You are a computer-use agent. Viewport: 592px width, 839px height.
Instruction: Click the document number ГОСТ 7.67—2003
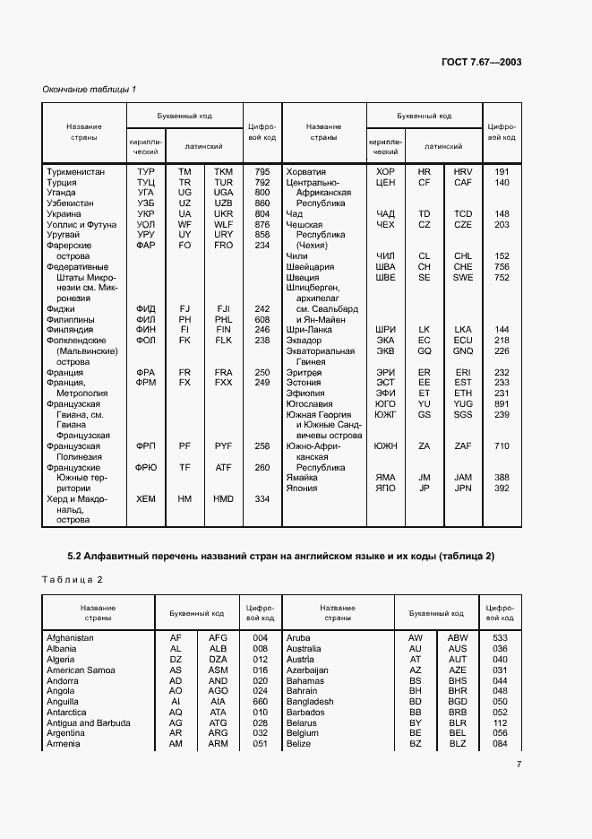(x=481, y=62)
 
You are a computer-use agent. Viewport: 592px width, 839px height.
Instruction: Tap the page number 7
(x=519, y=764)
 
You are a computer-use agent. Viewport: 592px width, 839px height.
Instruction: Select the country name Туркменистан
(x=75, y=171)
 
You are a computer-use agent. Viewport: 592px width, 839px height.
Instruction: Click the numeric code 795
(x=262, y=171)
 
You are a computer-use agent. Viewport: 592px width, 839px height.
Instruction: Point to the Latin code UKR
(x=223, y=214)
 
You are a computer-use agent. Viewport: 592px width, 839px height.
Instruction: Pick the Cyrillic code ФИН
(x=146, y=329)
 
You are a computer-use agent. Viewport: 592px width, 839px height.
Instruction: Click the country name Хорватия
(x=305, y=171)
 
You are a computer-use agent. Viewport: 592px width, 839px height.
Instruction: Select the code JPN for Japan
(x=462, y=489)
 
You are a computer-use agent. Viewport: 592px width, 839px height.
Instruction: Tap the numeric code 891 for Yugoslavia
(x=502, y=403)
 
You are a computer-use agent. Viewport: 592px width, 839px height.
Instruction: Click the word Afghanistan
(x=71, y=637)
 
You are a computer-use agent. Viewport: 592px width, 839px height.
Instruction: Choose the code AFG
(x=218, y=637)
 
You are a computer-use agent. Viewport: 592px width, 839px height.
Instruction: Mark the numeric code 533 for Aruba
(x=501, y=637)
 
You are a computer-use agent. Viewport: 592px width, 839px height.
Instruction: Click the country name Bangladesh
(x=310, y=702)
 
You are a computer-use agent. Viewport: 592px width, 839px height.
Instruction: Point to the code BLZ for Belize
(x=458, y=744)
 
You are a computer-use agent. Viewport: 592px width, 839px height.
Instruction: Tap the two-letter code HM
(x=184, y=499)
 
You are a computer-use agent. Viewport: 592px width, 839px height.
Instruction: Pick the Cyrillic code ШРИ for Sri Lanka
(x=385, y=329)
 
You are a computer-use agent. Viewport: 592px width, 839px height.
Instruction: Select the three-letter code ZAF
(x=462, y=445)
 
